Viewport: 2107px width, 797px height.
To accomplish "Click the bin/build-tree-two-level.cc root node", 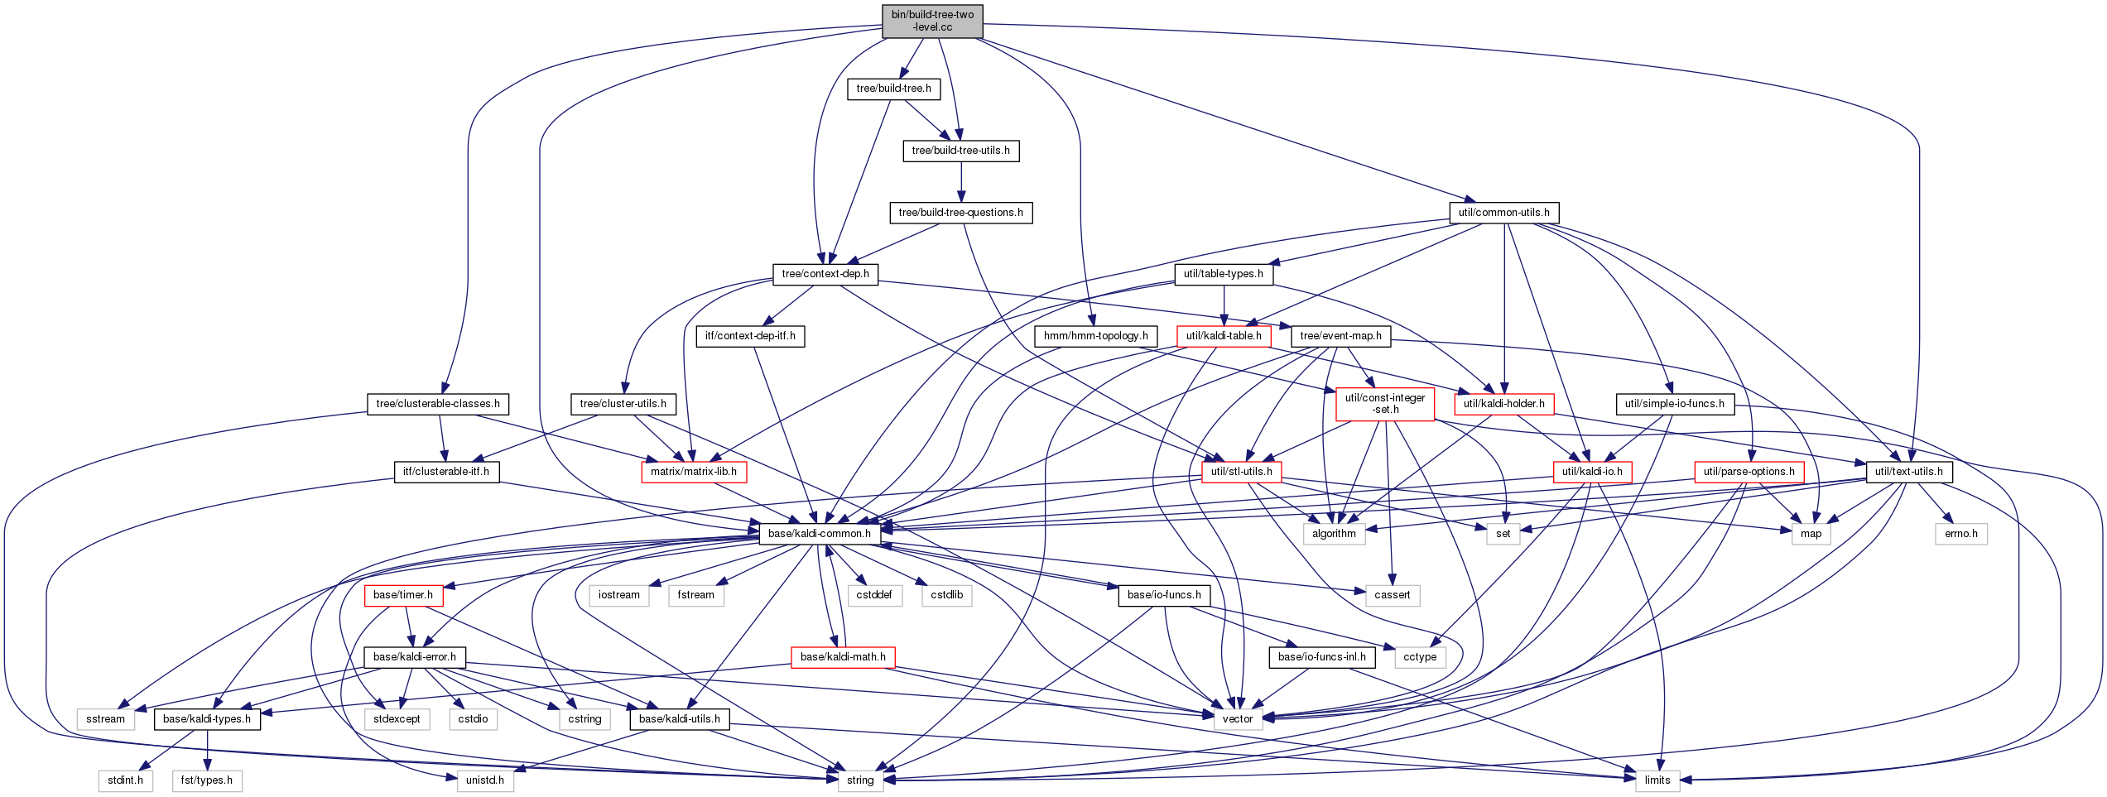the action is coord(932,21).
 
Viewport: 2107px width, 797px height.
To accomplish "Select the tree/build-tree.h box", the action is coord(893,89).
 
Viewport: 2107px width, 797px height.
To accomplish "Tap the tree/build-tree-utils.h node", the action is coord(960,151).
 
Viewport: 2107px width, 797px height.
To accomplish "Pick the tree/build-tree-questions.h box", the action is coord(960,213).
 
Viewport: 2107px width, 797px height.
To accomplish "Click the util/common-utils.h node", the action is coord(1503,213).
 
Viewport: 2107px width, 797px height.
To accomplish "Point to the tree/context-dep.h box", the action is coord(825,274).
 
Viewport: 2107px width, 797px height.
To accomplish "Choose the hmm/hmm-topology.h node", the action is coord(1095,336).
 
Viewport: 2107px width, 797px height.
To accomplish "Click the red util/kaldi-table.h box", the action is coord(1224,336).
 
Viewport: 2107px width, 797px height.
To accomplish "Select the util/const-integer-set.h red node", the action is coord(1385,404).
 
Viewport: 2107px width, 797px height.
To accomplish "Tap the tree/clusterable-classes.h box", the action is coord(438,404).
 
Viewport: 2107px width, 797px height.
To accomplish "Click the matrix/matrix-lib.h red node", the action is coord(694,472).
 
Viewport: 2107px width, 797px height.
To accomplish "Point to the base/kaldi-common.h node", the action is coord(820,534).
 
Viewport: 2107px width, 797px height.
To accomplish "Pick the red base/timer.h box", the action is coord(403,595).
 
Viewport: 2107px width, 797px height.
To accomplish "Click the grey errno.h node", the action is coord(1960,534).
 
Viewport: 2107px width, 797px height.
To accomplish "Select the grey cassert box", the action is coord(1392,595).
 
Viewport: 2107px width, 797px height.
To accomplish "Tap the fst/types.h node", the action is coord(207,780).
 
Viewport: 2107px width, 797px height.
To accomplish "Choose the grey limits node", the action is coord(1657,780).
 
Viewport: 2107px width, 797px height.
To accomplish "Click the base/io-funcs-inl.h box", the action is coord(1322,657).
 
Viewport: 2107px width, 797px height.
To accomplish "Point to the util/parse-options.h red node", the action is coord(1749,472).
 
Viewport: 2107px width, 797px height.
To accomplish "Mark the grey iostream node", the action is coord(619,595).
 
